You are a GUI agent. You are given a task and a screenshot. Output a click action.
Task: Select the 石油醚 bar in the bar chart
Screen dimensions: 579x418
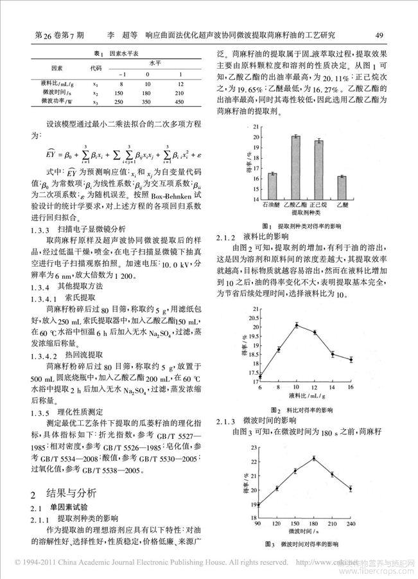coord(272,186)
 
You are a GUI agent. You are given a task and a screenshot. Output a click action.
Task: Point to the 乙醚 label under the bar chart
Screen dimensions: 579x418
coord(342,204)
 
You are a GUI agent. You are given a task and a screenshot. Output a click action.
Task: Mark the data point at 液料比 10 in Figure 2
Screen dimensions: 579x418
coord(297,325)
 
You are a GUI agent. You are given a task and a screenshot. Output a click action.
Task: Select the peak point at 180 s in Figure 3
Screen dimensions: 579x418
coord(314,458)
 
